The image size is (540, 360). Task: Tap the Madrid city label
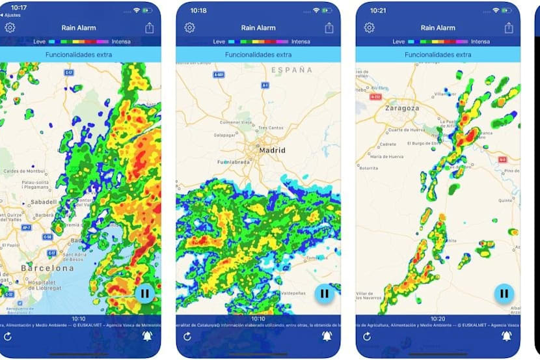coord(273,150)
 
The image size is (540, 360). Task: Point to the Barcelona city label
coord(47,268)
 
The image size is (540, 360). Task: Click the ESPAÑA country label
coord(292,70)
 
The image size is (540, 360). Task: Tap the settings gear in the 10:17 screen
coord(10,28)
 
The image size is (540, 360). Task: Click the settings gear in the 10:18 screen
coord(189,28)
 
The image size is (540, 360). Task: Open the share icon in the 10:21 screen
coord(509,28)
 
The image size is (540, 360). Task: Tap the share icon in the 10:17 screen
coord(150,28)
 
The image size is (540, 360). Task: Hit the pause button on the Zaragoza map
coord(504,294)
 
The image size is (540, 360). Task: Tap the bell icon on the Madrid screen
coord(327,336)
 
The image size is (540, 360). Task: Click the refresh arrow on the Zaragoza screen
coord(367,336)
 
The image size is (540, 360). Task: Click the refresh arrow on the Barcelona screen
coord(8,336)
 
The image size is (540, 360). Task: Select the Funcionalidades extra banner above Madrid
coord(258,55)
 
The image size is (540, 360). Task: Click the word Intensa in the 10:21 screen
coord(480,42)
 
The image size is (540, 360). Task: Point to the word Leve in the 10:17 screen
coord(40,42)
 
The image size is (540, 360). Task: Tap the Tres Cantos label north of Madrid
coord(271,128)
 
